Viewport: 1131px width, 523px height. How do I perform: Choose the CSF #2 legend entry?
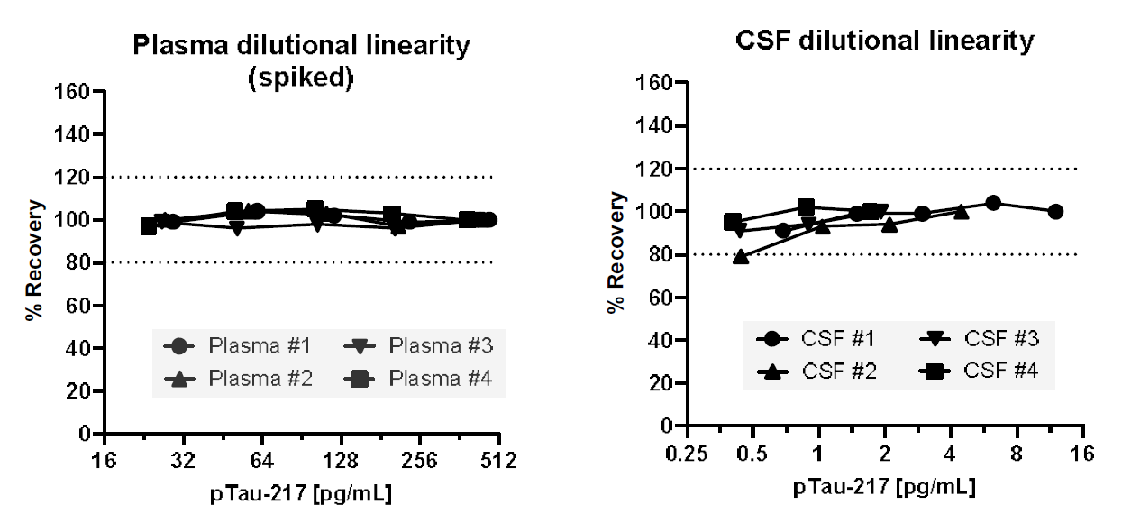pyautogui.click(x=816, y=369)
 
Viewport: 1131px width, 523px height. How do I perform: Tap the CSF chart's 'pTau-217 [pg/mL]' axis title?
pyautogui.click(x=884, y=488)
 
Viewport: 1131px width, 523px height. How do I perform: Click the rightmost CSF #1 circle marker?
pyautogui.click(x=1055, y=212)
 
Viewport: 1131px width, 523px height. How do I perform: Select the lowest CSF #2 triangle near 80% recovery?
pyautogui.click(x=741, y=257)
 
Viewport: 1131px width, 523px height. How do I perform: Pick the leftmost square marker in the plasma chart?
pyautogui.click(x=149, y=226)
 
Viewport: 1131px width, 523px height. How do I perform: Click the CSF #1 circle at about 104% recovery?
pyautogui.click(x=992, y=203)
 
